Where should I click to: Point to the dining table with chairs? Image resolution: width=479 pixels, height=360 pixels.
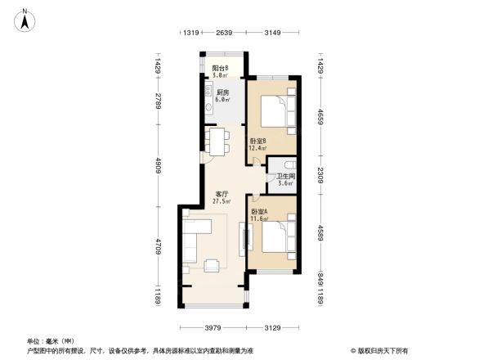pos(218,142)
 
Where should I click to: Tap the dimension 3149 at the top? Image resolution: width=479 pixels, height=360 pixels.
pos(273,33)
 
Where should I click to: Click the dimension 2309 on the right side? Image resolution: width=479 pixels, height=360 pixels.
pos(321,174)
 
